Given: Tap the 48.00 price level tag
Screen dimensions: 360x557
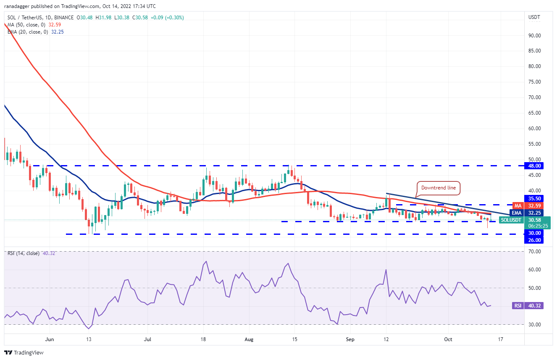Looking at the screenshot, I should [535, 166].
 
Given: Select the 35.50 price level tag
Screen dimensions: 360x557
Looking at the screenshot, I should [535, 198].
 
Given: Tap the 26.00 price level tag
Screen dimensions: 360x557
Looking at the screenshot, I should [535, 240].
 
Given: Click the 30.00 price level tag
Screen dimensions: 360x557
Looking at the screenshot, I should [535, 233].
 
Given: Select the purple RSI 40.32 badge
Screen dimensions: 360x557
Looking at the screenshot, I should [528, 306].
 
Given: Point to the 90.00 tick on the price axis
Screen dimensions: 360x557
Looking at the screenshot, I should [534, 35].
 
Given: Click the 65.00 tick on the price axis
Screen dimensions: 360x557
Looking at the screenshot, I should [534, 113].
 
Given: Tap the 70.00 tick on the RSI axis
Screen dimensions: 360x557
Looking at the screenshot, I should [534, 252].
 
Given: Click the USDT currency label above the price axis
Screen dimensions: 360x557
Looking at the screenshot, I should [534, 17].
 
